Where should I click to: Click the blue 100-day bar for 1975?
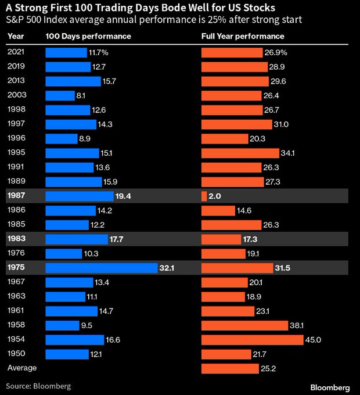point(102,268)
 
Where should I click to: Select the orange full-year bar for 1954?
point(252,339)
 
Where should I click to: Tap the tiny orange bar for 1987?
point(204,196)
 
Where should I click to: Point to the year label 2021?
point(16,52)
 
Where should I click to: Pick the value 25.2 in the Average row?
point(269,368)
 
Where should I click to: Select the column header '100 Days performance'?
point(88,36)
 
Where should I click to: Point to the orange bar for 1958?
point(244,325)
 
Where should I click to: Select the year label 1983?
point(16,239)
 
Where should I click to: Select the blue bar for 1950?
point(65,354)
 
